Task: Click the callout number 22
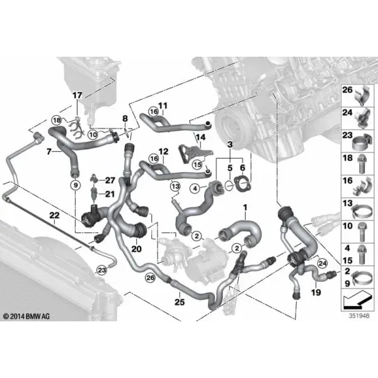[54, 215]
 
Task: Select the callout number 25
[180, 302]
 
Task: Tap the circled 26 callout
[150, 278]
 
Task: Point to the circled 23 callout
[101, 270]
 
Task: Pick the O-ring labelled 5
[229, 185]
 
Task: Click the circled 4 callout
[195, 188]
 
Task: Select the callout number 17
[77, 95]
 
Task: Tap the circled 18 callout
[56, 120]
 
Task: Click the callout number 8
[125, 118]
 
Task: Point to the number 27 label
[110, 180]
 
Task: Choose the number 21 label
[110, 194]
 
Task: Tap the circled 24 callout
[323, 263]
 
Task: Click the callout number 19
[316, 292]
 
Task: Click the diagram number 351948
[359, 316]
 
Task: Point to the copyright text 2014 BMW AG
[26, 316]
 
